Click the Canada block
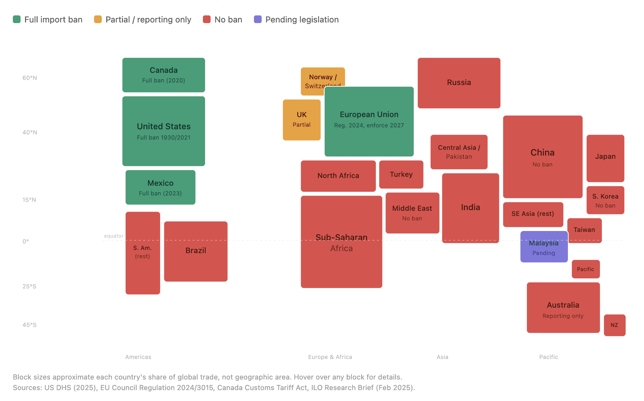[163, 75]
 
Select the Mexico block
[160, 187]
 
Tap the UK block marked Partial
[301, 120]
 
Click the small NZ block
[614, 325]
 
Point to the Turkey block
[401, 175]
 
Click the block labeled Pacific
[585, 269]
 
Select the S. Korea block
[605, 200]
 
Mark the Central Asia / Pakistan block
[459, 152]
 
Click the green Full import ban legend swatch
[17, 20]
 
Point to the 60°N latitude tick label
[30, 78]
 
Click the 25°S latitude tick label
[29, 286]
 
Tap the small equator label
[113, 236]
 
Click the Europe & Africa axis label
[330, 357]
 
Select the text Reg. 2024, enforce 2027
[369, 125]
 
